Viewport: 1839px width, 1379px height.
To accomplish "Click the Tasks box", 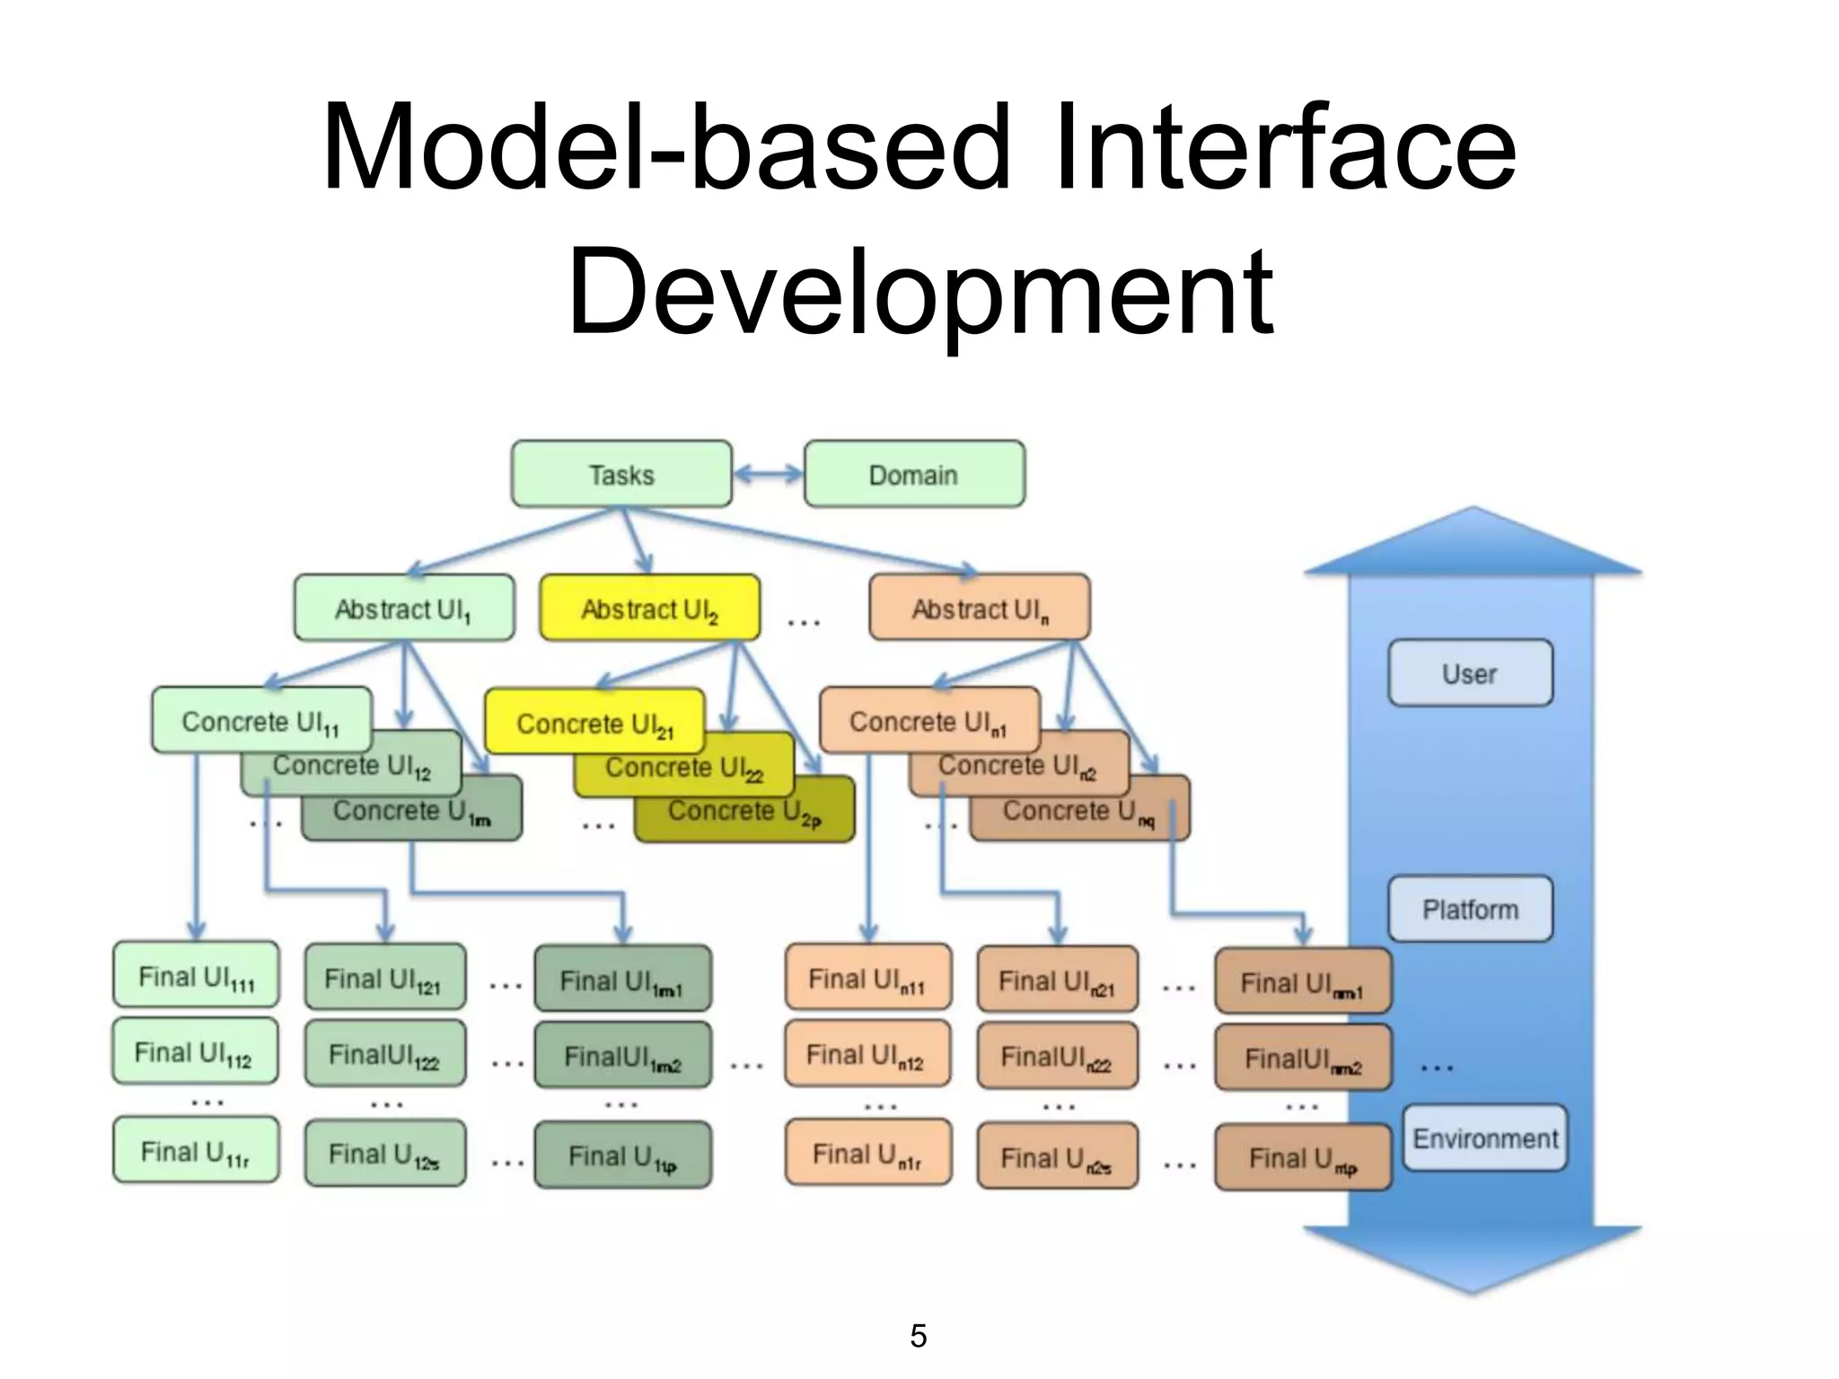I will [x=621, y=474].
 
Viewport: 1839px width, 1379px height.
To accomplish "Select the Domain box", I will [x=913, y=474].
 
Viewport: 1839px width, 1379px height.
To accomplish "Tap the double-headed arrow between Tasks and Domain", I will [x=768, y=474].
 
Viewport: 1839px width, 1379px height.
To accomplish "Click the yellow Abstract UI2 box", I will [x=649, y=609].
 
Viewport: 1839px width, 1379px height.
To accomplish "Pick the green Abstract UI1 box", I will [x=403, y=609].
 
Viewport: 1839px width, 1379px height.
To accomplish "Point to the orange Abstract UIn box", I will [x=980, y=609].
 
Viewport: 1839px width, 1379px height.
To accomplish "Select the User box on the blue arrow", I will [x=1470, y=673].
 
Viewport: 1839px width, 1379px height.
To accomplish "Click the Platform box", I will [x=1470, y=909].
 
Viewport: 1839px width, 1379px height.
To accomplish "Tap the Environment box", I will [x=1485, y=1138].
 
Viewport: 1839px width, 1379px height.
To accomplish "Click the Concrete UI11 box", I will [x=260, y=720].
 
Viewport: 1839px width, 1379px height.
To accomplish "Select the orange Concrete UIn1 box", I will [x=928, y=720].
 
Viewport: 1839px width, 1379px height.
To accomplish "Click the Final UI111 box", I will [x=196, y=976].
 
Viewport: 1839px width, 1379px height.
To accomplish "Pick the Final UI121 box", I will [x=384, y=979].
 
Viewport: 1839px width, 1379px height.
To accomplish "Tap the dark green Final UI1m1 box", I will [x=622, y=980].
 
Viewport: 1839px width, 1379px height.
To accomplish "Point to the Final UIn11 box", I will [x=867, y=979].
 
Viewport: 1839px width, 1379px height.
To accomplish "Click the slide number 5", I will [x=918, y=1336].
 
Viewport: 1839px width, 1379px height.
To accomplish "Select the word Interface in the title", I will [x=1285, y=148].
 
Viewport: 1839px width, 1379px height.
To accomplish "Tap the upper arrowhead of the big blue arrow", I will [x=1473, y=544].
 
